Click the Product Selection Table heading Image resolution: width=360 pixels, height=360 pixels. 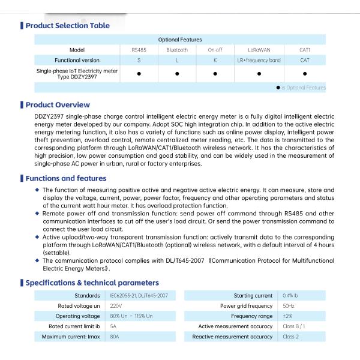point(67,25)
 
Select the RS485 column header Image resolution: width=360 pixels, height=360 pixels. point(139,50)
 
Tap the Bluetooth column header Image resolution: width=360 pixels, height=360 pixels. point(177,50)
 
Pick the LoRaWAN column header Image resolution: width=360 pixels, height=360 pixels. point(259,50)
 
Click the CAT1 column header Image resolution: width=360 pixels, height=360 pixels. point(305,50)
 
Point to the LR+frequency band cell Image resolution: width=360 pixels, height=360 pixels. point(259,61)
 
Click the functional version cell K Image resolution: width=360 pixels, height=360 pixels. point(215,61)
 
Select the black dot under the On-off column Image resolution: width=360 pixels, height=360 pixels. point(215,74)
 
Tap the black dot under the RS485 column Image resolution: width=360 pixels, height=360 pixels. point(139,74)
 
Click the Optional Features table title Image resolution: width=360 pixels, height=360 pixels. point(180,40)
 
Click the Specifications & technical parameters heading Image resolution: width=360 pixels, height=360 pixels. point(92,283)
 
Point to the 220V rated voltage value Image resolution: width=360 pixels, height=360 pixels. point(116,306)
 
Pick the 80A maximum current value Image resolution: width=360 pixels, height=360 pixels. point(115,337)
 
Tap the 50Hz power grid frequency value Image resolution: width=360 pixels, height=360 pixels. point(289,306)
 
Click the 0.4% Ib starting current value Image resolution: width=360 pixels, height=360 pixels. point(291,296)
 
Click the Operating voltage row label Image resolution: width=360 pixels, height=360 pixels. point(77,316)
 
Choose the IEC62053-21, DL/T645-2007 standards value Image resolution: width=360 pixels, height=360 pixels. point(139,296)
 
